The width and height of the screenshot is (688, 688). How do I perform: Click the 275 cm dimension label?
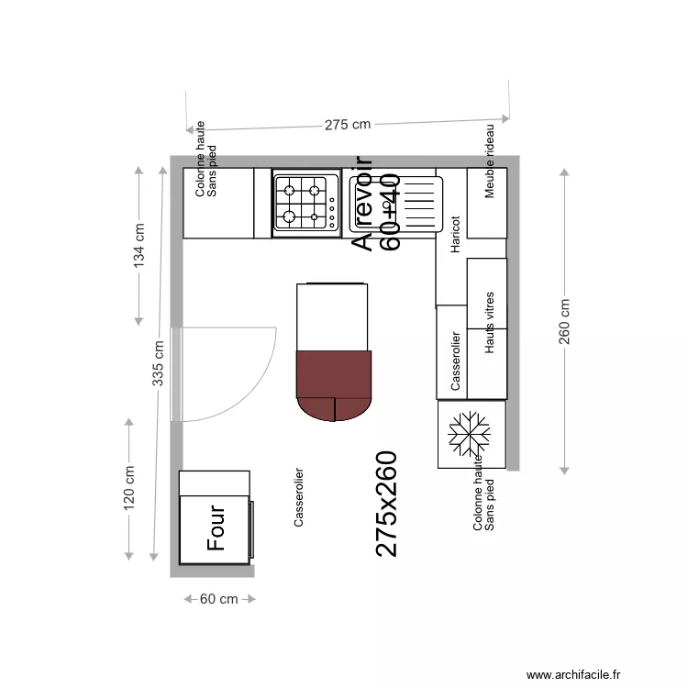coord(348,125)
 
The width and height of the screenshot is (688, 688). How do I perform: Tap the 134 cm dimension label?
coord(139,244)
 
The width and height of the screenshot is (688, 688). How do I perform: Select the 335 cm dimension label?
coord(158,363)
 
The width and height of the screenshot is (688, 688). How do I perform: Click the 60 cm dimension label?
coord(219,599)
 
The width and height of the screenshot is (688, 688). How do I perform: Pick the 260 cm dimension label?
coord(564,322)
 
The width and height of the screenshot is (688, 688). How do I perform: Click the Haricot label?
coord(454,234)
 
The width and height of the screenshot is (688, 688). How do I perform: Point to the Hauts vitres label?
coord(490,323)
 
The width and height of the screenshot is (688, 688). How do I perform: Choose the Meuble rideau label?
coord(490,161)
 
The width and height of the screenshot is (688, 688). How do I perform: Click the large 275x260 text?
coord(387,504)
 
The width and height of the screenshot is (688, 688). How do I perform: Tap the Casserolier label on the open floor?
coord(299,497)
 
